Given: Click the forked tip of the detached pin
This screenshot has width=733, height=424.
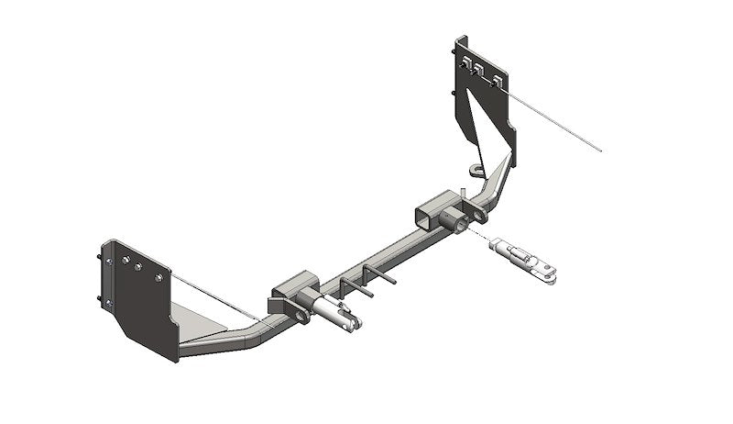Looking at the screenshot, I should [x=550, y=268].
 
